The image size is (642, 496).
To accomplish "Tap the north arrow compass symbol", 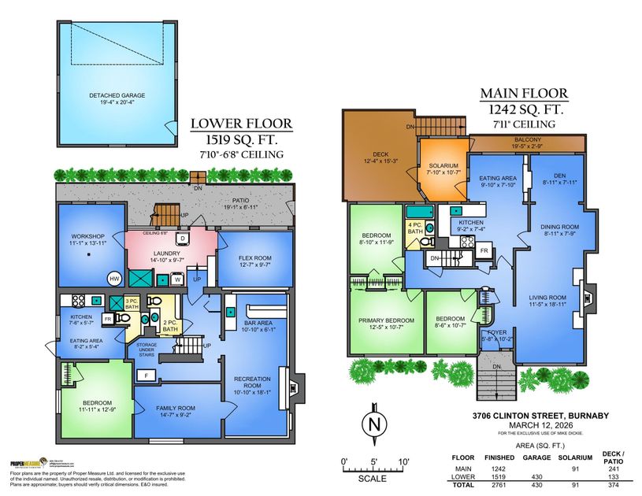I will pos(372,425).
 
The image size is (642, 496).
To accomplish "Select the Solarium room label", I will pos(443,169).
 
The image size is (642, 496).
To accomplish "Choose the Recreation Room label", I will pos(253,383).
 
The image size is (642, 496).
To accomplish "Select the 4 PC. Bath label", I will pos(414,228).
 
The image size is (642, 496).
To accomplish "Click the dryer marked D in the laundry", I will pos(182,239).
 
